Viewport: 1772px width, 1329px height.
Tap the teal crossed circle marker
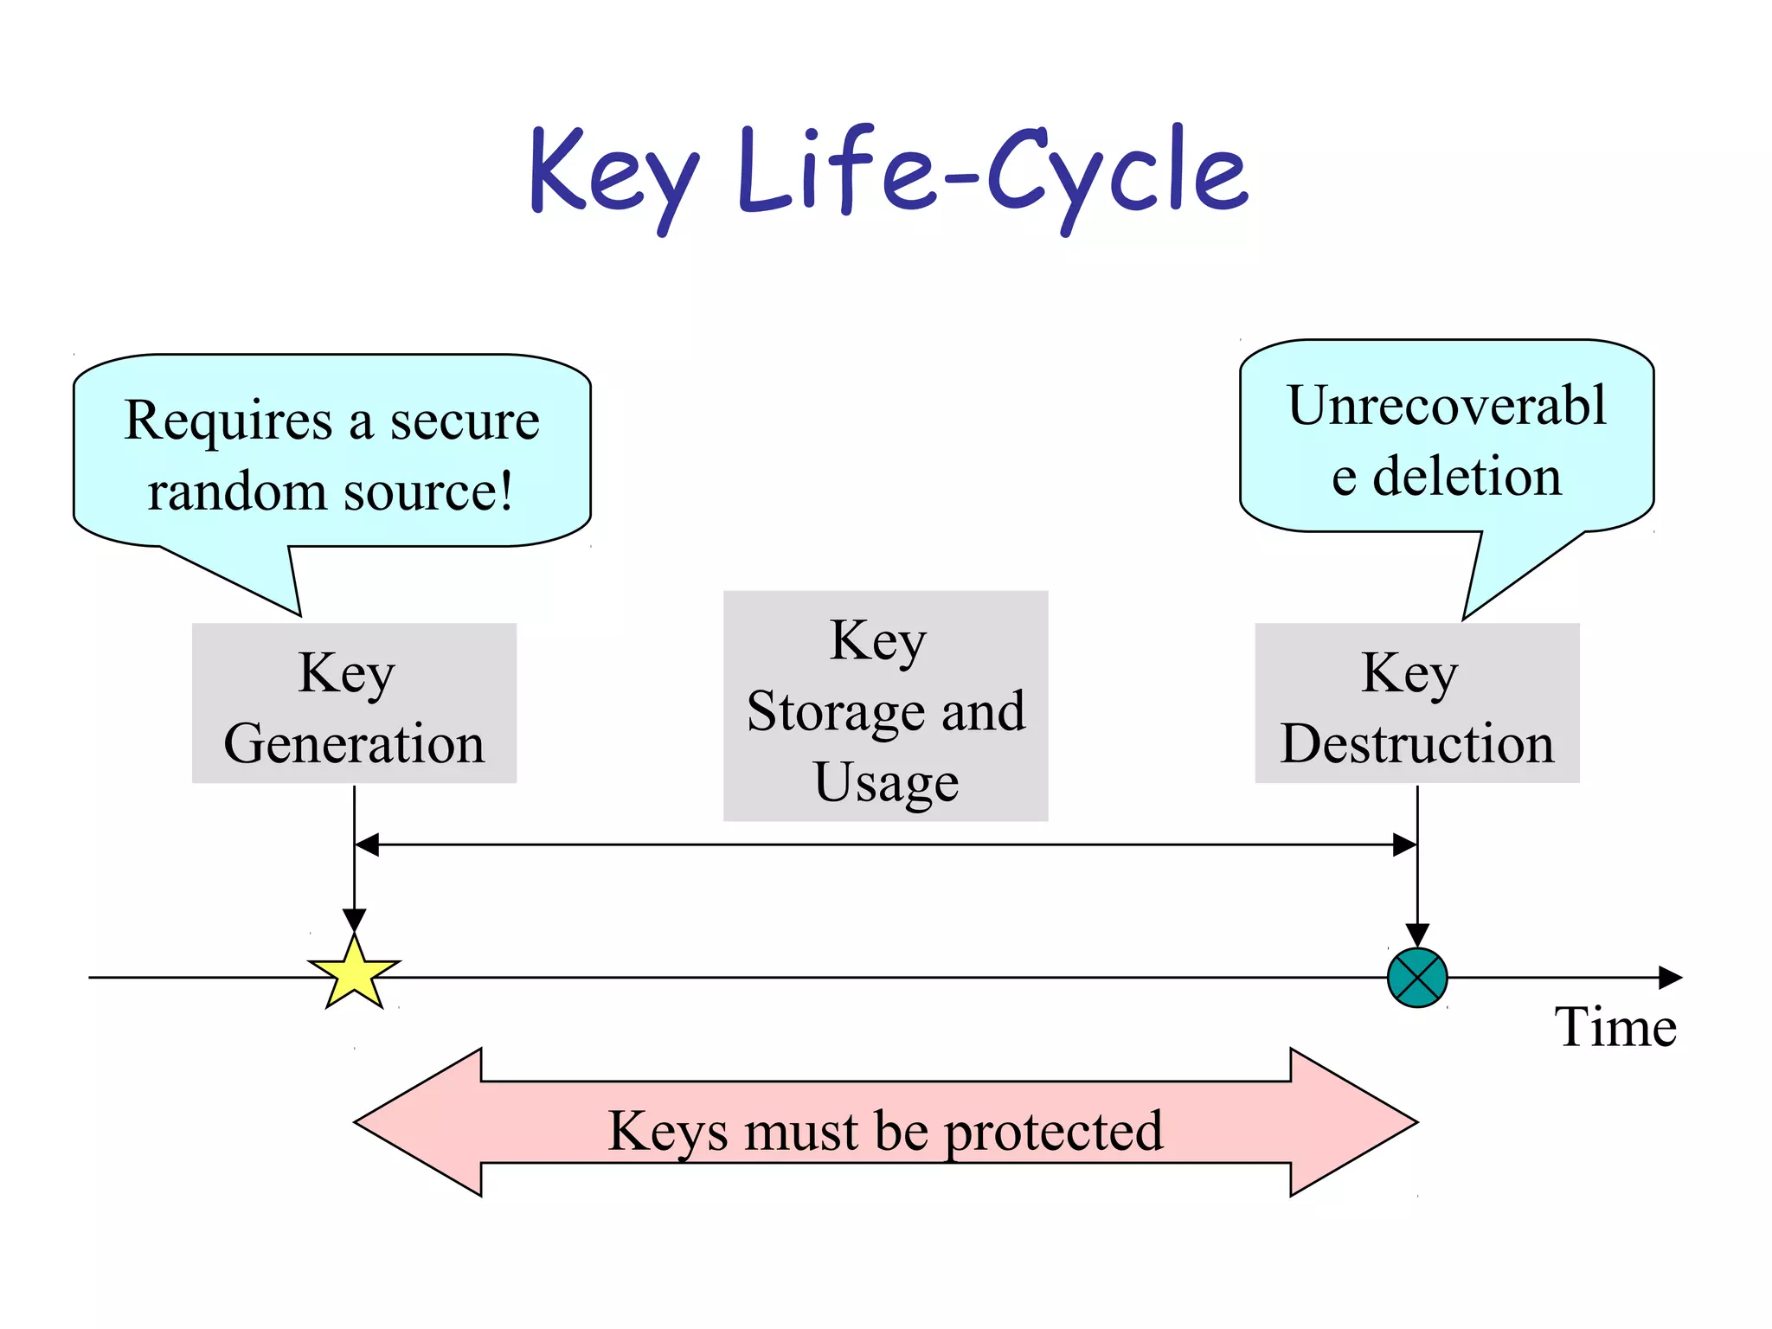pos(1417,978)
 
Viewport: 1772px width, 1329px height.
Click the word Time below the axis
pos(1615,1027)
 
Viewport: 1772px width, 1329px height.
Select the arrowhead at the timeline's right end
pos(1671,978)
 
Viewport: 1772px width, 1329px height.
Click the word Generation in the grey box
pos(354,744)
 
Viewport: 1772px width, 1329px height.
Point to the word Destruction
pos(1417,744)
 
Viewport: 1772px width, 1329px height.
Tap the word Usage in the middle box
pos(886,782)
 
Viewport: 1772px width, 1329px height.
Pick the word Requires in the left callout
pos(228,422)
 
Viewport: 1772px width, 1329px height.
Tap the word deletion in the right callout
pos(1467,477)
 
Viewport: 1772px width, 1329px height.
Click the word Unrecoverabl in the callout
pos(1447,405)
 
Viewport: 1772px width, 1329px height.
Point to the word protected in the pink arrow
pos(1053,1132)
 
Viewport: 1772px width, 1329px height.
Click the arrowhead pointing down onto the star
pos(354,920)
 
